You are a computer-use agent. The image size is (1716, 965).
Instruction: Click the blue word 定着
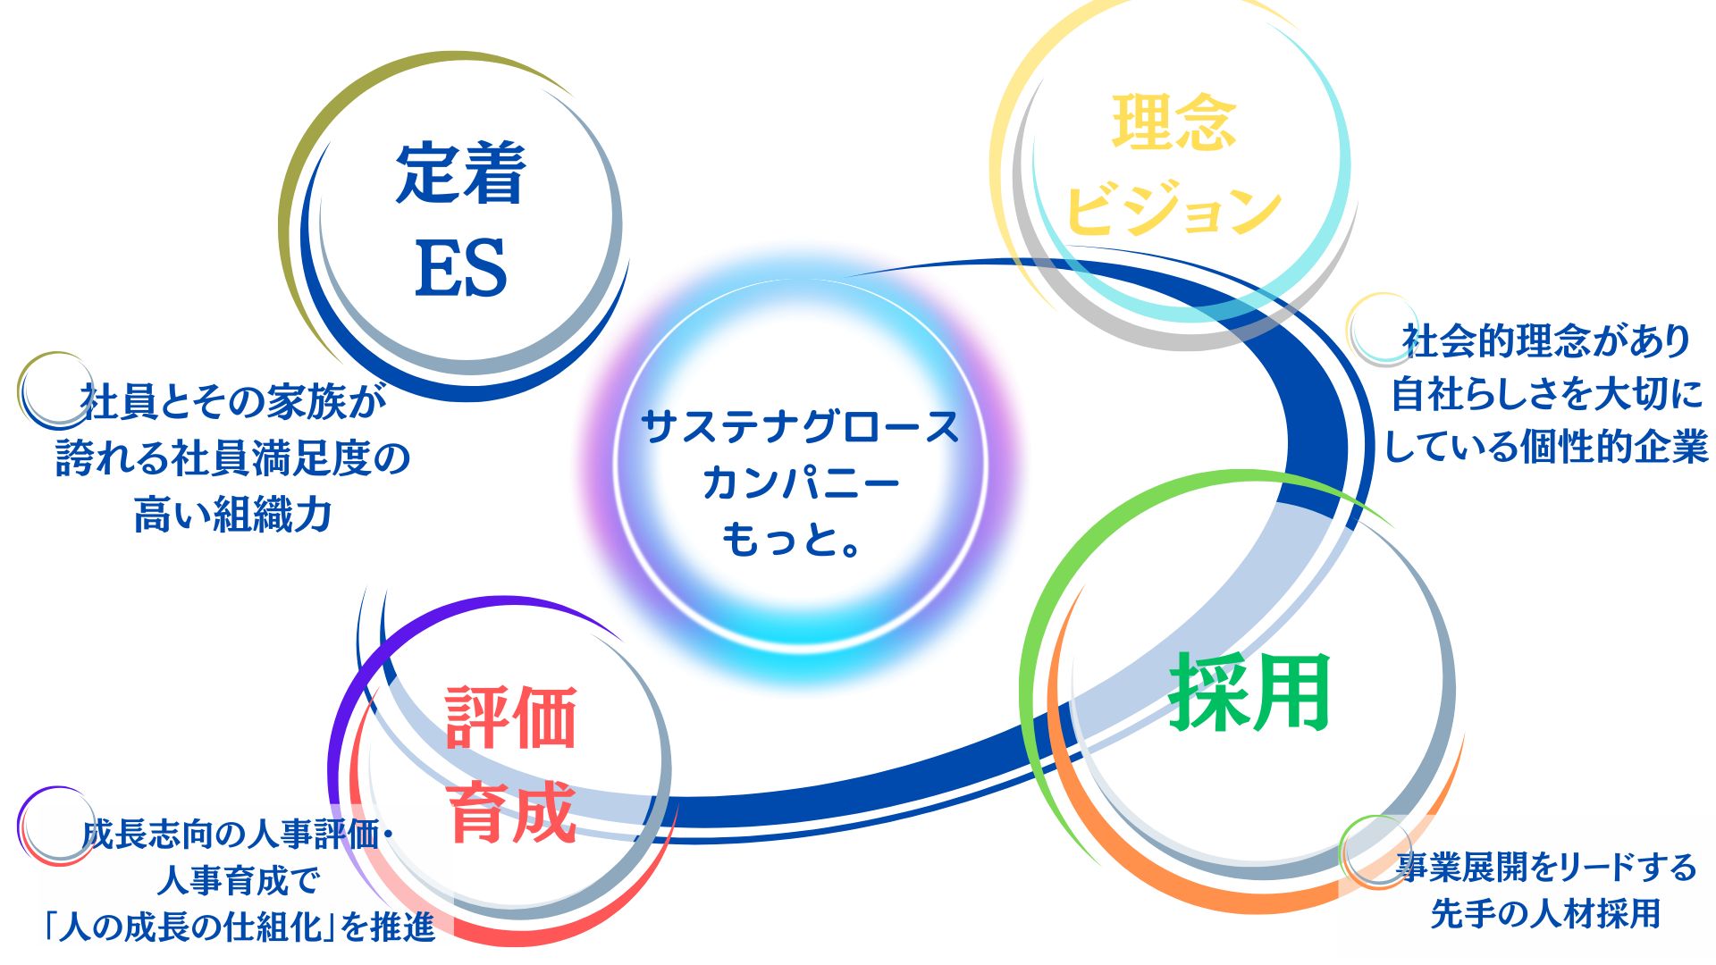(460, 173)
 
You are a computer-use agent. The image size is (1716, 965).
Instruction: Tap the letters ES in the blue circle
(461, 268)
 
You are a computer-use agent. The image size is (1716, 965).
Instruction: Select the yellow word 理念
(1174, 122)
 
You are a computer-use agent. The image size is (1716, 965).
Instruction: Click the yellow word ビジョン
(1173, 208)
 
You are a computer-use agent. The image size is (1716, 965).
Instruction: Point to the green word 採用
(1250, 692)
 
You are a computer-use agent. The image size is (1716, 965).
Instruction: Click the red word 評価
(510, 717)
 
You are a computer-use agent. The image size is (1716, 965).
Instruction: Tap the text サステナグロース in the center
(801, 427)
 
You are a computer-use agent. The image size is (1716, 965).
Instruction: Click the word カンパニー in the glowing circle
(801, 483)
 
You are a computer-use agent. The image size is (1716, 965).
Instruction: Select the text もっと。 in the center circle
(792, 539)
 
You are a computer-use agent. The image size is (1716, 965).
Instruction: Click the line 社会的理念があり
(1546, 340)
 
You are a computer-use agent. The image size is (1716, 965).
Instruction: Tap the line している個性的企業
(1546, 446)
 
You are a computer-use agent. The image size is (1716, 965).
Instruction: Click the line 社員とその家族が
(233, 401)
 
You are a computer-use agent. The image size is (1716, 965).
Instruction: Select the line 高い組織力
(233, 515)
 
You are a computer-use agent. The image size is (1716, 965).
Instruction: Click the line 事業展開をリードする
(1546, 866)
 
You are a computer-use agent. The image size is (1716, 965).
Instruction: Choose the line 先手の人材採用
(1546, 913)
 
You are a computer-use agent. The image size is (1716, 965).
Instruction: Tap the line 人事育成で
(238, 881)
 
